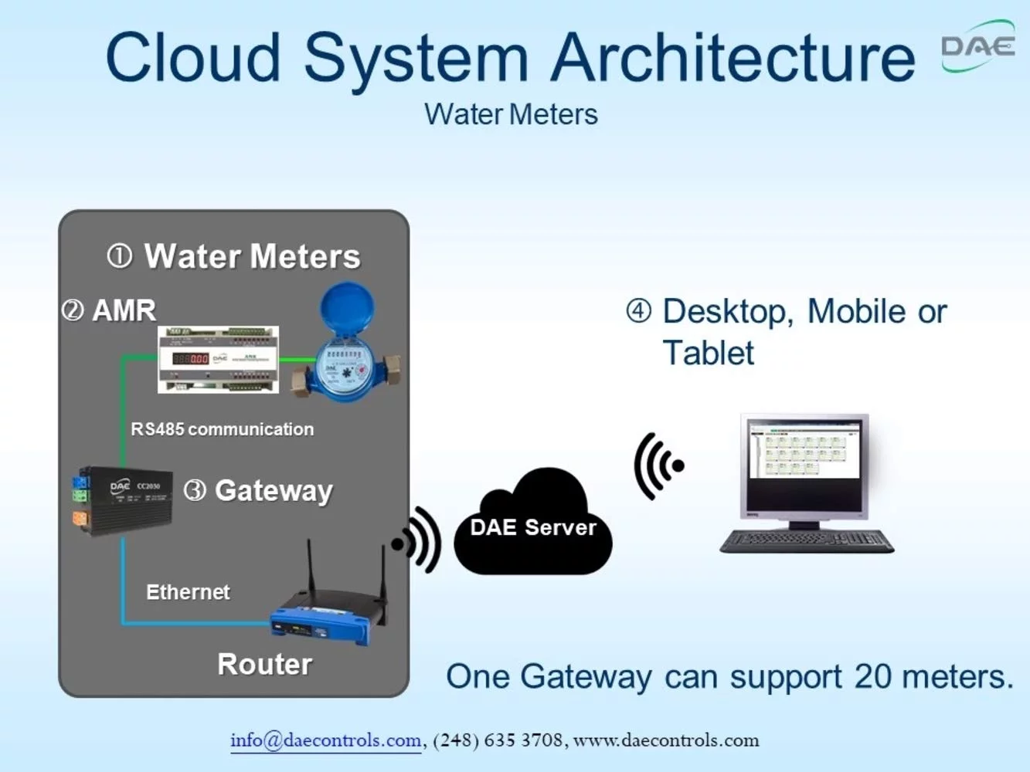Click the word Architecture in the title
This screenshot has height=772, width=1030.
(733, 58)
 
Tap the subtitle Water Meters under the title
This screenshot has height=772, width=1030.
(511, 114)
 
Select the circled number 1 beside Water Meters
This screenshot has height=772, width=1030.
(120, 256)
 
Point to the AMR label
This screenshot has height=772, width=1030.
(124, 310)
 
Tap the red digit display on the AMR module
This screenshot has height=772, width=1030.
(190, 359)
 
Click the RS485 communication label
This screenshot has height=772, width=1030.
(222, 429)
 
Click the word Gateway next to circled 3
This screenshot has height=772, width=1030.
(274, 491)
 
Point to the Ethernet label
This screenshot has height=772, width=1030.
(188, 592)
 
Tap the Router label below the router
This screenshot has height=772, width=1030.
(264, 665)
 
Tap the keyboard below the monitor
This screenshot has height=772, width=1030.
(806, 541)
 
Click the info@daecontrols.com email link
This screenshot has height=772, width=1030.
(325, 740)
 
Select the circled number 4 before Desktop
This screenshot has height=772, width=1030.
(638, 311)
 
